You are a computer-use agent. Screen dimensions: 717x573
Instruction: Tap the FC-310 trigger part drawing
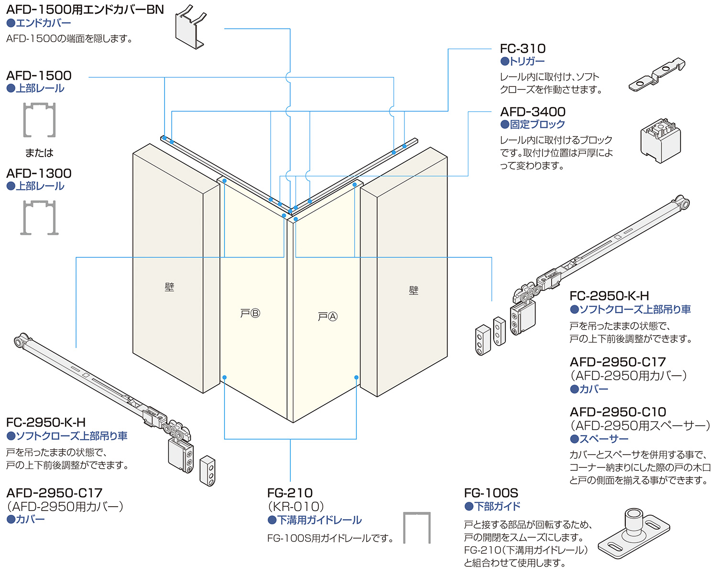[657, 75]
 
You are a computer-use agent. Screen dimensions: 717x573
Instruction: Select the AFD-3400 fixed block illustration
[661, 140]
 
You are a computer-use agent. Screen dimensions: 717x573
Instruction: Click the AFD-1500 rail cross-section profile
[39, 120]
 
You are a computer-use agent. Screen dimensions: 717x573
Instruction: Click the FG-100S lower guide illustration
[634, 533]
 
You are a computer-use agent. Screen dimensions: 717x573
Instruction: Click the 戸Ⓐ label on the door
[327, 316]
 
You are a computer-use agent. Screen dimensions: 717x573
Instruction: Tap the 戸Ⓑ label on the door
[250, 313]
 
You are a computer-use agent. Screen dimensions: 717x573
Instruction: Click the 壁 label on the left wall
[169, 286]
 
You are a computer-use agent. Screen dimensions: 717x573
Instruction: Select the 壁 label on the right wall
[413, 290]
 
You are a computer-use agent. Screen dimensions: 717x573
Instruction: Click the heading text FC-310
[522, 49]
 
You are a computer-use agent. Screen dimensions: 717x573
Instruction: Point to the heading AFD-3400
[533, 112]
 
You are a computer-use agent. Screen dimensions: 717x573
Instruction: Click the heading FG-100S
[491, 493]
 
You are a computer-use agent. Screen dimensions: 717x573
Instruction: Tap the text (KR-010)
[295, 507]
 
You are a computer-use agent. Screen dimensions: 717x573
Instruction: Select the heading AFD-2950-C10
[618, 412]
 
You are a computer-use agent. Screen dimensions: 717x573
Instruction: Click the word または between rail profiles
[39, 153]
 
